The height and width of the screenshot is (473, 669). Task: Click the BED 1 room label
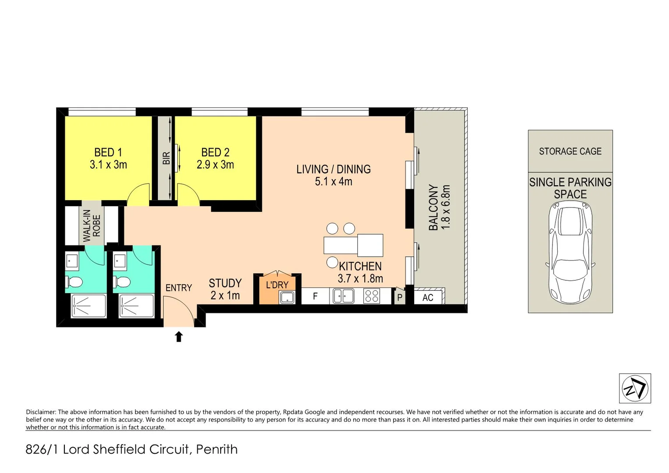point(108,152)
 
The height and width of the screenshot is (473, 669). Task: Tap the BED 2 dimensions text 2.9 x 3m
point(215,165)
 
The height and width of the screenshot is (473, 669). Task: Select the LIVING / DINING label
point(333,169)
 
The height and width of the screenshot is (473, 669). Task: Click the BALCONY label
point(433,207)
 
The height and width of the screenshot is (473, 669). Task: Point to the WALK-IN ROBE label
point(92,226)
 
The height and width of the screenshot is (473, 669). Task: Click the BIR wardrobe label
point(166,158)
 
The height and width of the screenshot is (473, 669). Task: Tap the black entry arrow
point(179,336)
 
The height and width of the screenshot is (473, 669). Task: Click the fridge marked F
point(315,297)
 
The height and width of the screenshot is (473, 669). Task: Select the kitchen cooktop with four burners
point(372,297)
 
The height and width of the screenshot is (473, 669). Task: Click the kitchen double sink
point(344,297)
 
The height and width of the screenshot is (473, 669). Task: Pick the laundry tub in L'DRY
point(287,297)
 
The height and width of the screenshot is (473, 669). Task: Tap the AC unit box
point(428,297)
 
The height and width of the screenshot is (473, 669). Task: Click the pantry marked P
point(399,297)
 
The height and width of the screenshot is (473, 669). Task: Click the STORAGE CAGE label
point(570,152)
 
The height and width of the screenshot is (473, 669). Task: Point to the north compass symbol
point(635,388)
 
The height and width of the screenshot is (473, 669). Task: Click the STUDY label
point(225,283)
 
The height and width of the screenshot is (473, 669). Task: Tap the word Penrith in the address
point(217,449)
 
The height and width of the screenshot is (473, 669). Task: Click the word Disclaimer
point(41,412)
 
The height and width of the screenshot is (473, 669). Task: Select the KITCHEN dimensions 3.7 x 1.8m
point(360,279)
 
